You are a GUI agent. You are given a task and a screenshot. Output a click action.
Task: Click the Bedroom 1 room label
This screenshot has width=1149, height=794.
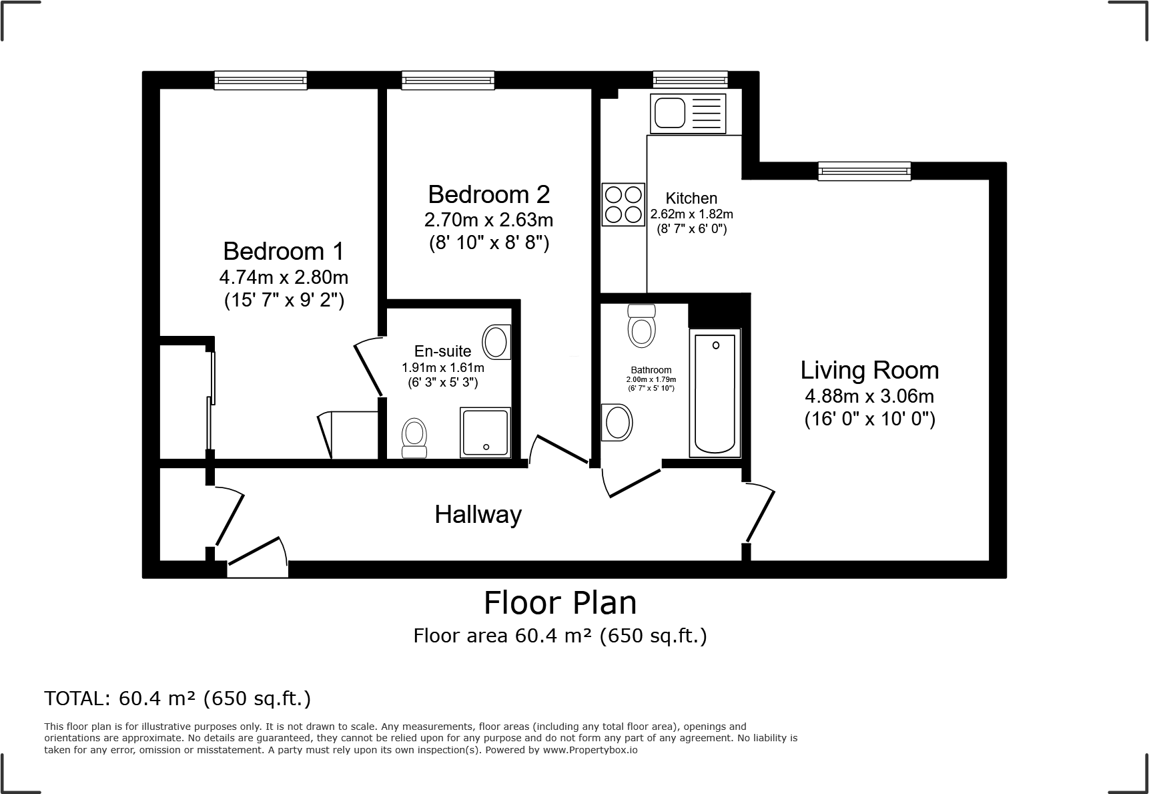tap(284, 251)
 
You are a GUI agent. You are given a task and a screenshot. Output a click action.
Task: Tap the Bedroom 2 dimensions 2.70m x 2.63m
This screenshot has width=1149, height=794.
tap(489, 220)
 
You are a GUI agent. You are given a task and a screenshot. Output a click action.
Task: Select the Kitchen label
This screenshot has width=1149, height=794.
tap(691, 198)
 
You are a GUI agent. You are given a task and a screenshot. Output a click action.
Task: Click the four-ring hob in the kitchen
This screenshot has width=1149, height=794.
tap(624, 204)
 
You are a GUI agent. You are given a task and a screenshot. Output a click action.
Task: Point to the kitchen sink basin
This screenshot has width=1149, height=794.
tap(669, 112)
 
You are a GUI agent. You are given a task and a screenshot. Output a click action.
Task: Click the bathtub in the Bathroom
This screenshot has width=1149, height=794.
tap(715, 393)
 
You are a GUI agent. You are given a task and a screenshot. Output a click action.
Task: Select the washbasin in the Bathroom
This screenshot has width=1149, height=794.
tap(617, 422)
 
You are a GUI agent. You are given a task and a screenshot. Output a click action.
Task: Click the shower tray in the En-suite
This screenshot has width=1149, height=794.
tap(485, 433)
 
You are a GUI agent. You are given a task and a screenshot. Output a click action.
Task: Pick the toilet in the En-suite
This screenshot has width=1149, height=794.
tap(414, 438)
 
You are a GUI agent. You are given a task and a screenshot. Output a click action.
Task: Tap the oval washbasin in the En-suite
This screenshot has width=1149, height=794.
tap(496, 342)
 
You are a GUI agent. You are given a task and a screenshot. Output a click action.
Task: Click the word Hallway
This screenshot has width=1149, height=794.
tap(478, 515)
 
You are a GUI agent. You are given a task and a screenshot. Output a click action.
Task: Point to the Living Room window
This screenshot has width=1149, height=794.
tap(865, 171)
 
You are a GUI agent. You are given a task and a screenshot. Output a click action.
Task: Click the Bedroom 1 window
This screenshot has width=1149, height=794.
tap(260, 80)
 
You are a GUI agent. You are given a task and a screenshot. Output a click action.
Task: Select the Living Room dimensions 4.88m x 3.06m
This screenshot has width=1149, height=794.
tap(869, 397)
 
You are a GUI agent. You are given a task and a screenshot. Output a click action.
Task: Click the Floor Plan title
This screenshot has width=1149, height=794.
tap(560, 603)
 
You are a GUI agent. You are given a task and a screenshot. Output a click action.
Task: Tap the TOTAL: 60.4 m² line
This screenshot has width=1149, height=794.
tap(177, 699)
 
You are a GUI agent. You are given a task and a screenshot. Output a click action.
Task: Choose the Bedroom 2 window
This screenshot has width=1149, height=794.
tap(448, 80)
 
